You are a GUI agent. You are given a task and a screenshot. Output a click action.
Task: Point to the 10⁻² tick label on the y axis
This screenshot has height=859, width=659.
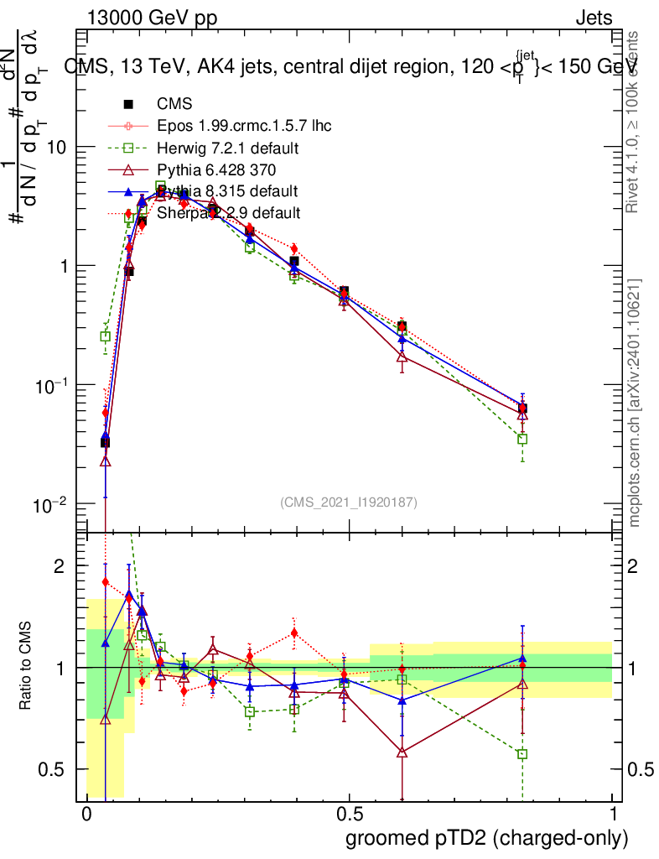pos(51,505)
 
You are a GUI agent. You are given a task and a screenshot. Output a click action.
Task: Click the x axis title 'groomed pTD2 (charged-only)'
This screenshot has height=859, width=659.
pos(486,838)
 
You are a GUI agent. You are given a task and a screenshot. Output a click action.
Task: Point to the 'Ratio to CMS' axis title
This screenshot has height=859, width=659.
pos(28,667)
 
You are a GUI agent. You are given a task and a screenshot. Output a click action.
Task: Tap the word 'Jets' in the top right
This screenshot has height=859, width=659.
pos(594,18)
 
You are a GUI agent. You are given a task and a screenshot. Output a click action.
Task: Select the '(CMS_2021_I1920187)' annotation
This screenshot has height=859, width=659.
pos(349,502)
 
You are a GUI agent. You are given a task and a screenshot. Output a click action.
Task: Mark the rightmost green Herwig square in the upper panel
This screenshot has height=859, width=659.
pos(522,439)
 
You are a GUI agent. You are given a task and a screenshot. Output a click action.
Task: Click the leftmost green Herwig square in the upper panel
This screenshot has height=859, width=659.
pos(106,336)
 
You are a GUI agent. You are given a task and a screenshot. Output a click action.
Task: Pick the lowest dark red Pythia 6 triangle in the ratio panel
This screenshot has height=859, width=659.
pos(402,752)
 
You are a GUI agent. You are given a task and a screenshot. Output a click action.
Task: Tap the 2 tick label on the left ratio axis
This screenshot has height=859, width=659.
pos(59,567)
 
